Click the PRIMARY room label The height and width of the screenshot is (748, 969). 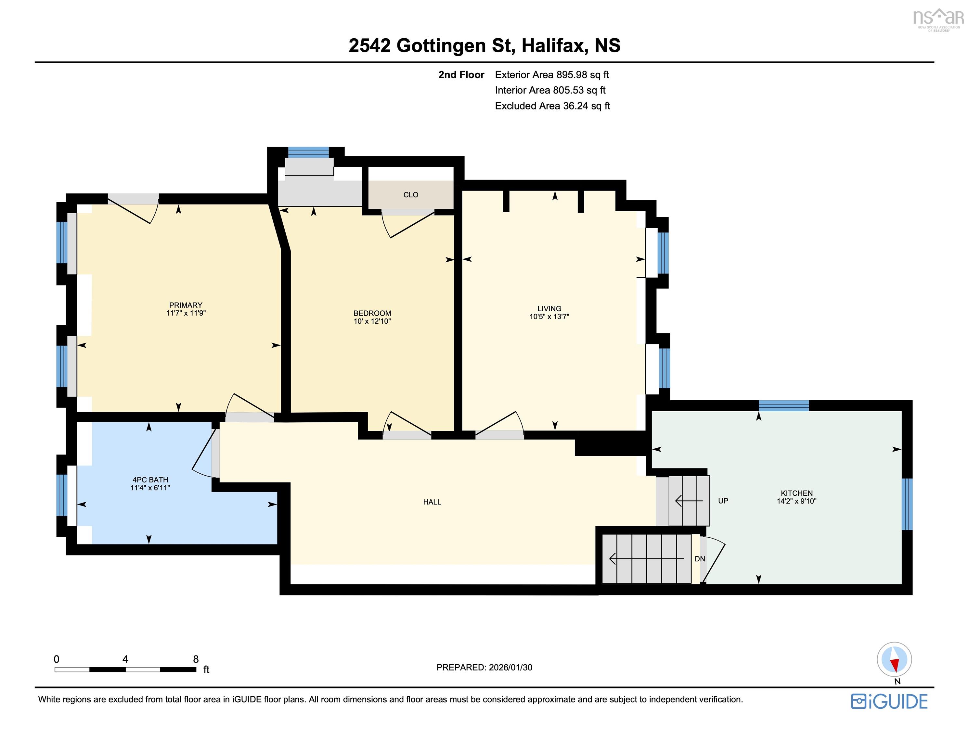point(186,305)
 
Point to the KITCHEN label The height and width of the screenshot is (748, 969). point(797,493)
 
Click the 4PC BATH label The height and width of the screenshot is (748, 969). point(150,480)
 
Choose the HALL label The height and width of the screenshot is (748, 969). point(432,502)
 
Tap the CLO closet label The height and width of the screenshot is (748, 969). point(411,195)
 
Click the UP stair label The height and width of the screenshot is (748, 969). point(723,501)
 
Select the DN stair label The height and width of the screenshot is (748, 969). point(700,559)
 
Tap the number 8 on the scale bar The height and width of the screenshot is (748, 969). point(196,659)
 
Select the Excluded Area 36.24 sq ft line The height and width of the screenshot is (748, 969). point(552,106)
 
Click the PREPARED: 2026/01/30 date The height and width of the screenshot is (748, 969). point(485,667)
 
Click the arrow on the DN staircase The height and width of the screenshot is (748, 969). point(646,559)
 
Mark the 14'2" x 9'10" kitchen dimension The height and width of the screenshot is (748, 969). point(797,501)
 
